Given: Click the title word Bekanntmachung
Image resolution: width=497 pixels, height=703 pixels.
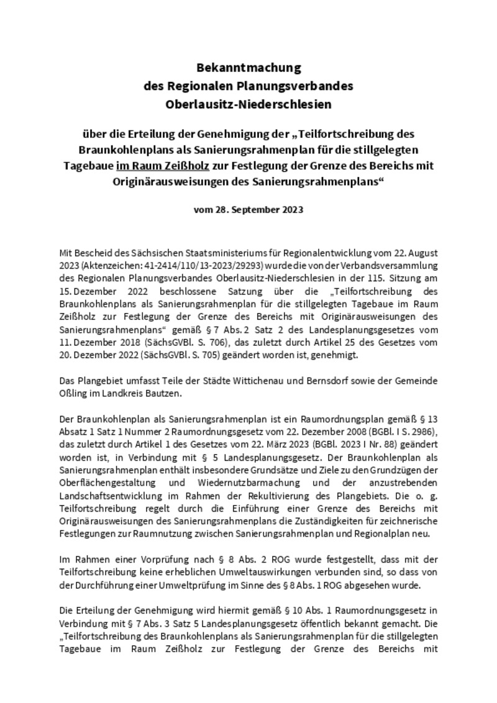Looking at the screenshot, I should click(x=248, y=67).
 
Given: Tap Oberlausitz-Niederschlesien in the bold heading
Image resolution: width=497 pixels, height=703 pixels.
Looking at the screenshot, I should click(x=248, y=104).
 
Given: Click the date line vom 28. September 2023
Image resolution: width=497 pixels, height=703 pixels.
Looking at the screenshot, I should click(x=248, y=209).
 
